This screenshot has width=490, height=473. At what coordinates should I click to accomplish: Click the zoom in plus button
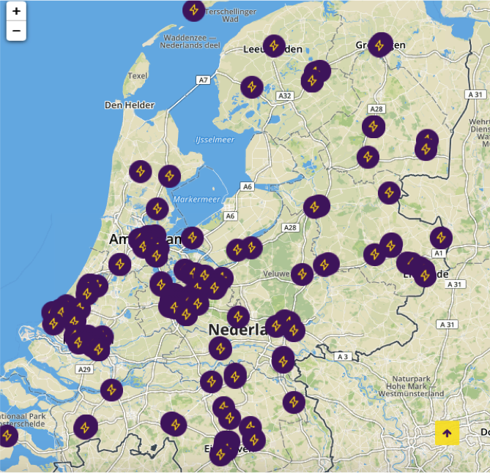coord(16,11)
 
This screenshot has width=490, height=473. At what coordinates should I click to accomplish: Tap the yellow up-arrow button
coord(447,433)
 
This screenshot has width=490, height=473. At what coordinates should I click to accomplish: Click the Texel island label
coord(138,75)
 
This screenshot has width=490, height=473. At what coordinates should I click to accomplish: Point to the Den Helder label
coord(130,105)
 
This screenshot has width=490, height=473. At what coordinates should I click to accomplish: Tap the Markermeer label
coord(196,200)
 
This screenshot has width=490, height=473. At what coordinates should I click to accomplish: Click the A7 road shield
coord(204,80)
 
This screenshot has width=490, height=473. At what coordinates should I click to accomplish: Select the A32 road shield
coord(285,96)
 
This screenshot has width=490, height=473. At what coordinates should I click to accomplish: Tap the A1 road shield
coord(439,253)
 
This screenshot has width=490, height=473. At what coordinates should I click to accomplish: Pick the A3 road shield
coord(341,356)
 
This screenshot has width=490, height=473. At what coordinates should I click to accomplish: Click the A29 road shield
coord(85,369)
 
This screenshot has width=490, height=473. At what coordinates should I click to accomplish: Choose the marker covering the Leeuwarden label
coord(274,46)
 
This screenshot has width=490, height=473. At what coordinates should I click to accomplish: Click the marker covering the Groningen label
coord(380,45)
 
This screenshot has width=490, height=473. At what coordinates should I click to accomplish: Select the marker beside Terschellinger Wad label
coord(193,10)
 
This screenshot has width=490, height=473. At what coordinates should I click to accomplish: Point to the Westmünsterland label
coord(409,393)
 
